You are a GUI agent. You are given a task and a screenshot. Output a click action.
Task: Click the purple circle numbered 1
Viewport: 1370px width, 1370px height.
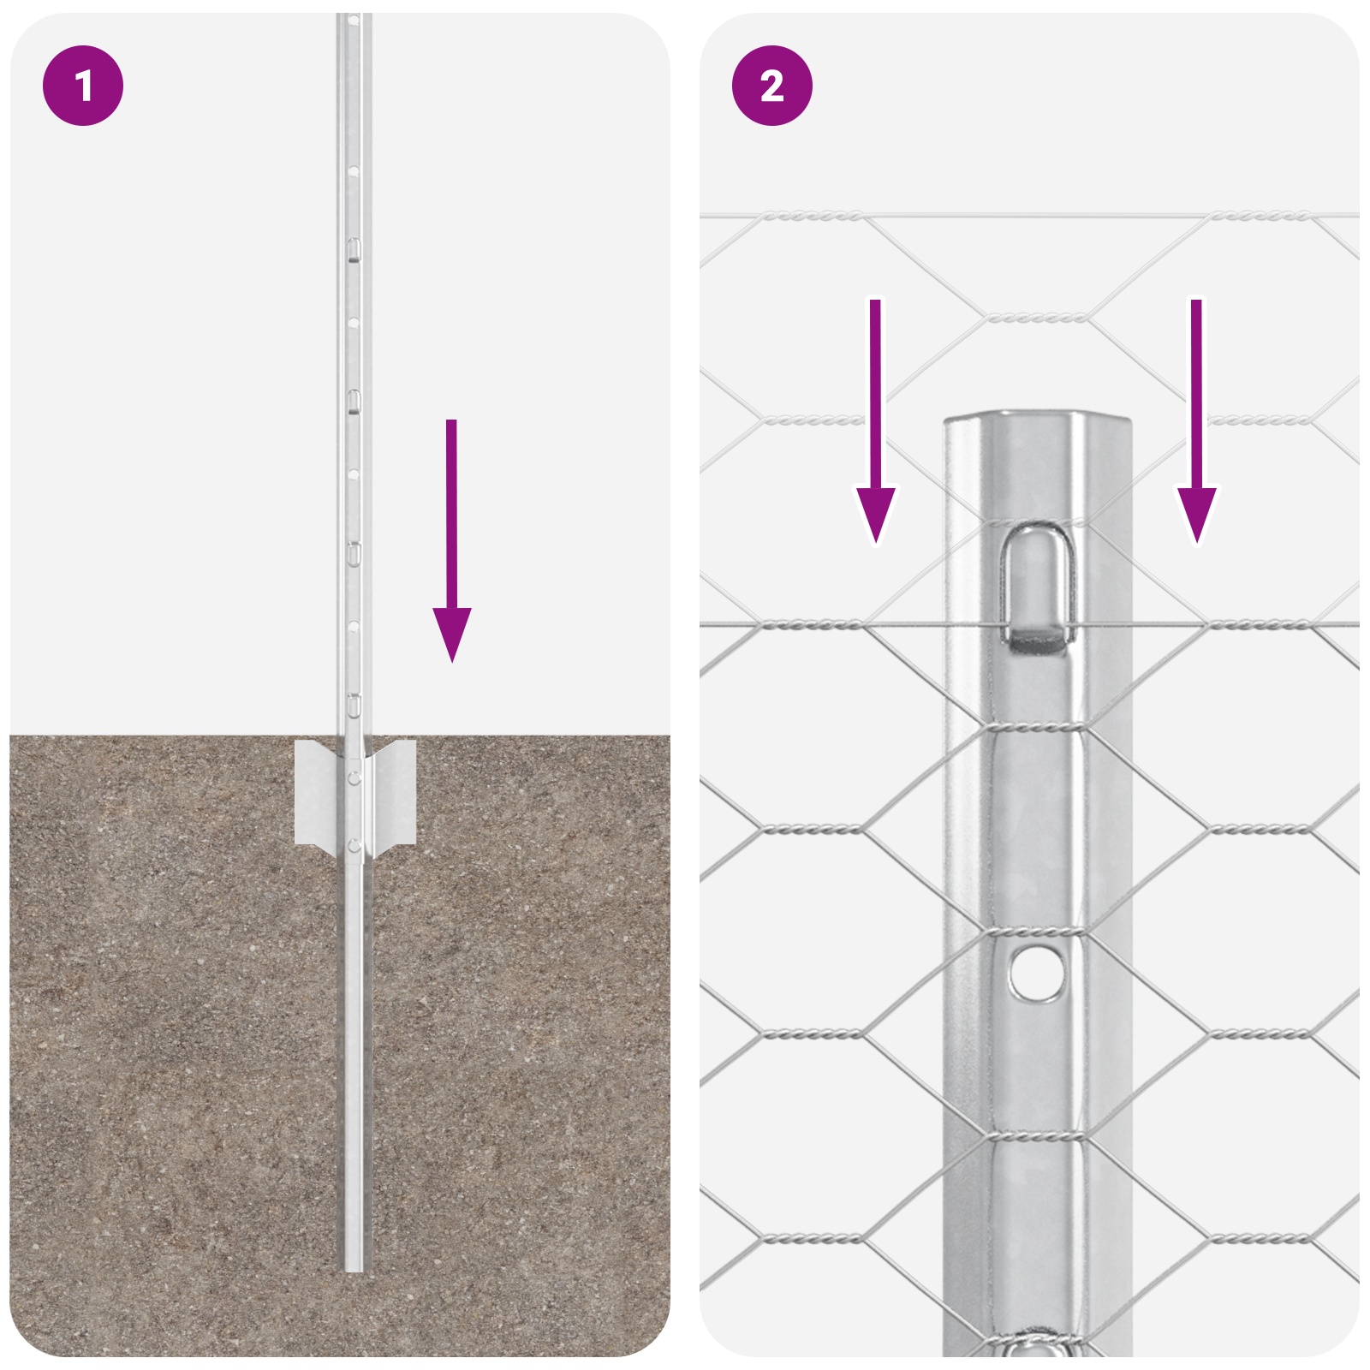tap(83, 86)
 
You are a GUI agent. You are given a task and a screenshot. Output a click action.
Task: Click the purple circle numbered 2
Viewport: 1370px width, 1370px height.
tap(771, 86)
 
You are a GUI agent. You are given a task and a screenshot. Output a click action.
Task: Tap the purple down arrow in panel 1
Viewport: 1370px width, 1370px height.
tap(452, 548)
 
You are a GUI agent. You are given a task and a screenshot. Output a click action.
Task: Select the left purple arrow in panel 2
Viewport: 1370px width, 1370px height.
tap(876, 428)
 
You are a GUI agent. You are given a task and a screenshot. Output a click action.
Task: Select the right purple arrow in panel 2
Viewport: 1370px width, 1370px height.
tap(1196, 428)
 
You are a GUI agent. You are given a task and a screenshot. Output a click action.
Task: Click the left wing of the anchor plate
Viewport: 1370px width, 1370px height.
tap(317, 793)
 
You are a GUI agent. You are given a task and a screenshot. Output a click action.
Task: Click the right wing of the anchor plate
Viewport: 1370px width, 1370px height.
tap(396, 793)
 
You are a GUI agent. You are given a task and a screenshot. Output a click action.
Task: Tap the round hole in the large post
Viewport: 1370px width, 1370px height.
tap(1036, 973)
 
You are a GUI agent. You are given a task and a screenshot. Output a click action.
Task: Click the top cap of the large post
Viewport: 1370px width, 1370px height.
tap(1037, 420)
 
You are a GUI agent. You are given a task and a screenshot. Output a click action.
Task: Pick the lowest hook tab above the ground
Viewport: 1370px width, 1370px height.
tap(353, 706)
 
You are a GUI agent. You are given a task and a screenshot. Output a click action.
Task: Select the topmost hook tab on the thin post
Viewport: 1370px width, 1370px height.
tap(353, 250)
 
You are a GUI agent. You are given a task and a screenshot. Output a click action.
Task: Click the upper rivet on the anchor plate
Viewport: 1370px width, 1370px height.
tap(354, 777)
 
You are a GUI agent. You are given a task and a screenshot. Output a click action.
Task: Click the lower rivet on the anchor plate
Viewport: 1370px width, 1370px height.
tap(354, 846)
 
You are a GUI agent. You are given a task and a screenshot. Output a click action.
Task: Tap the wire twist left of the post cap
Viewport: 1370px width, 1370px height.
tap(812, 420)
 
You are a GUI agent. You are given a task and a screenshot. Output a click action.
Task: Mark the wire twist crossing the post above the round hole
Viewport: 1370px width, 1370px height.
tap(1037, 932)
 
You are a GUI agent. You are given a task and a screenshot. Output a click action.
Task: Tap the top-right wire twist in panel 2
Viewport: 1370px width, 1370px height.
tap(1259, 216)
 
